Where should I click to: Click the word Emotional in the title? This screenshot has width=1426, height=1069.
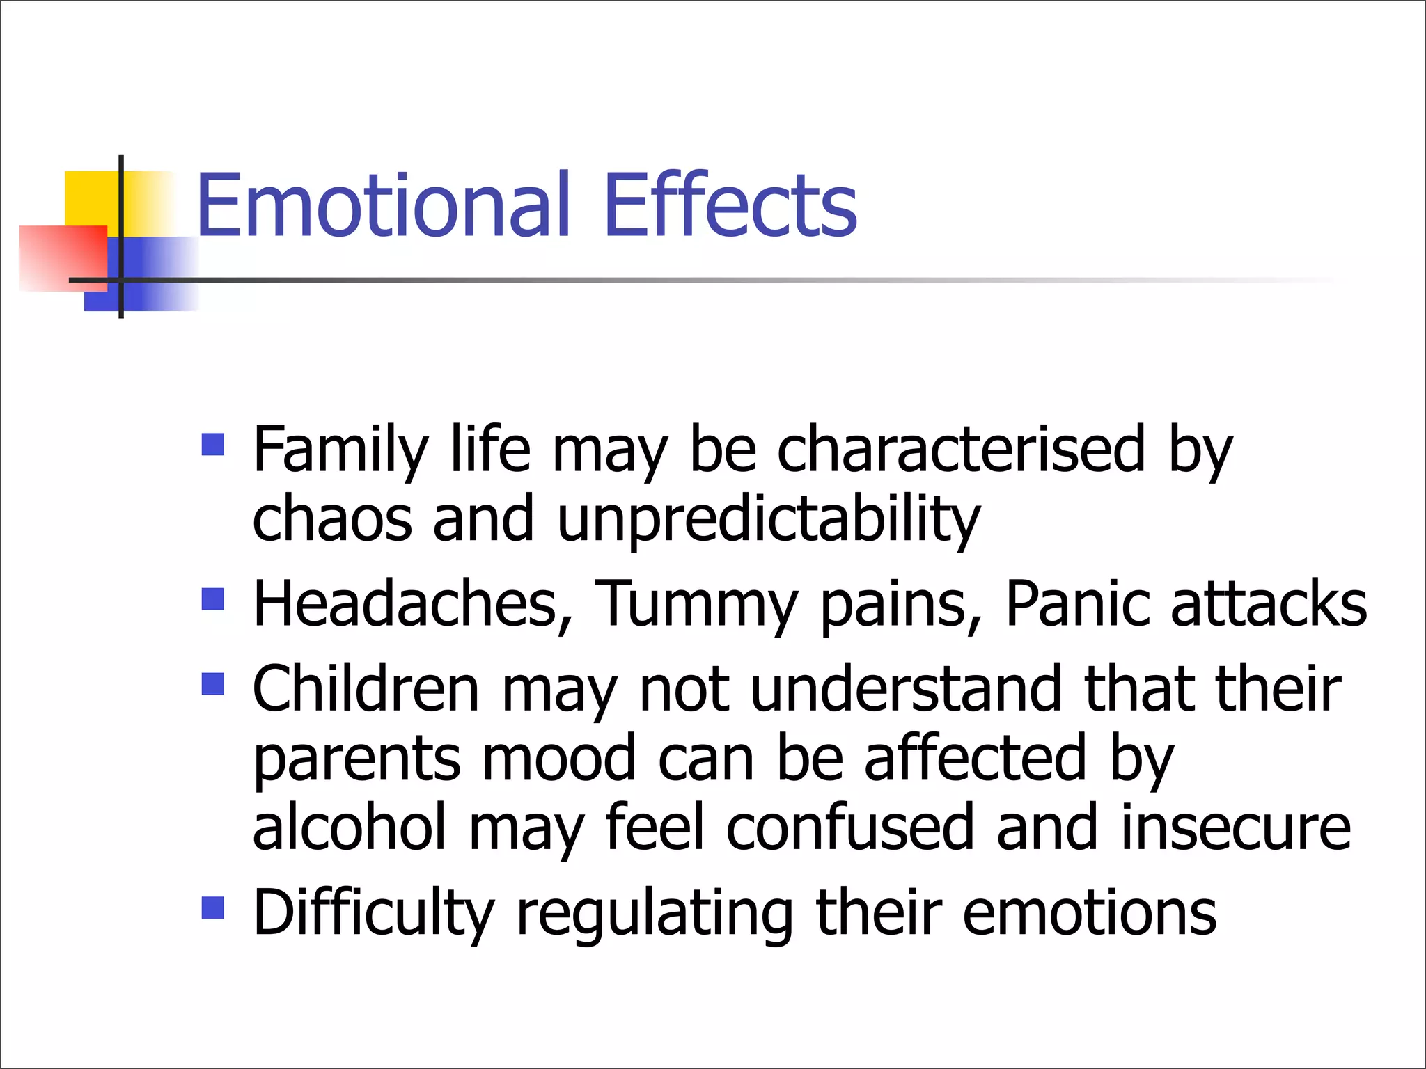(384, 206)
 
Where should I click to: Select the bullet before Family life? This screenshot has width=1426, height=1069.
(213, 444)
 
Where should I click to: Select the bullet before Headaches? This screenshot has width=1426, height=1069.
(213, 599)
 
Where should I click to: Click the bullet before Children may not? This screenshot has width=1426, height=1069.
(213, 683)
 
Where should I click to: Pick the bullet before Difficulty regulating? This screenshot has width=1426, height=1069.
(213, 908)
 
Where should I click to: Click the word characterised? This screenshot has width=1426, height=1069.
(961, 450)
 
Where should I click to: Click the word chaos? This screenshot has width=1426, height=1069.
(331, 520)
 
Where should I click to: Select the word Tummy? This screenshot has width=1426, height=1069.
(696, 605)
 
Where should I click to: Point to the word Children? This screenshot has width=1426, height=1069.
(366, 689)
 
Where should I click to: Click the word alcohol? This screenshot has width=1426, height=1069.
(349, 828)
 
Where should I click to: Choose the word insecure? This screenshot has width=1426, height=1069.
(1235, 828)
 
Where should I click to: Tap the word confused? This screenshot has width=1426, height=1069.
(849, 828)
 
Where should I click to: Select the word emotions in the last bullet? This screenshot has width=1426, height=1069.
(1090, 913)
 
